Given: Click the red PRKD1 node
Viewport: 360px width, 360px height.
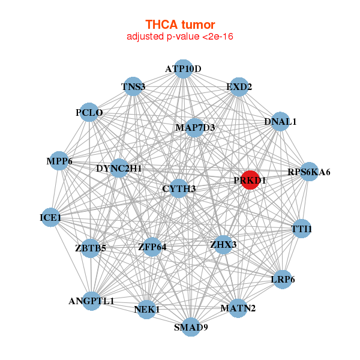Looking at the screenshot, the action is tap(250, 180).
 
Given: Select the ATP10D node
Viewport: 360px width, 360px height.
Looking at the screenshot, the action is tap(183, 69).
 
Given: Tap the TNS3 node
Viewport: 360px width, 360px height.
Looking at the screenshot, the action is tap(133, 87).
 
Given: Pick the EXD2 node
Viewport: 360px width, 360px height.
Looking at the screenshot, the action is tap(239, 87).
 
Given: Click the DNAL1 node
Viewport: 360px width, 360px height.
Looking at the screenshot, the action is tap(280, 122).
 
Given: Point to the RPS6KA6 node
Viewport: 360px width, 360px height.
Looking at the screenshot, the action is tap(309, 172).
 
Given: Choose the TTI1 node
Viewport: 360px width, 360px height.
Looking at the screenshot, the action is tap(302, 229).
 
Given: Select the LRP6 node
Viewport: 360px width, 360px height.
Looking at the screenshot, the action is tap(283, 279).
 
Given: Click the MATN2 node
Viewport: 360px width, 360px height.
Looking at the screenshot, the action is tap(238, 308).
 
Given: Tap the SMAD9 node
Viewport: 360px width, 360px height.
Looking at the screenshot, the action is tap(191, 327).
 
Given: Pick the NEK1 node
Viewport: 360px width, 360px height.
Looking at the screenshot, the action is tap(147, 310).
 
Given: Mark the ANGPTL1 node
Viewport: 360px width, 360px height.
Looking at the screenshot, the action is tap(91, 301).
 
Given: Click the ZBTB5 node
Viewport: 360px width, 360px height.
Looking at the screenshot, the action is tap(91, 248).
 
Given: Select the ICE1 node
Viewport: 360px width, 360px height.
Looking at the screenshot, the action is tap(50, 217).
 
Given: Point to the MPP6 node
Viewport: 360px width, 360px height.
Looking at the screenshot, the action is tap(59, 161).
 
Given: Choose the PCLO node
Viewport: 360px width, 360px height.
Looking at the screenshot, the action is tap(89, 112).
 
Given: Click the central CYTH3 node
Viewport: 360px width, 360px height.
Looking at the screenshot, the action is tap(179, 189).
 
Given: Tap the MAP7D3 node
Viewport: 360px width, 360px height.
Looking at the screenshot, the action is tap(195, 127).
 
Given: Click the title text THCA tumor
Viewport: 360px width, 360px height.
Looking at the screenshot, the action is tap(180, 25).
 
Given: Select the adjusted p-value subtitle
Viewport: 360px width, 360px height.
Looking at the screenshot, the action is tap(180, 37).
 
